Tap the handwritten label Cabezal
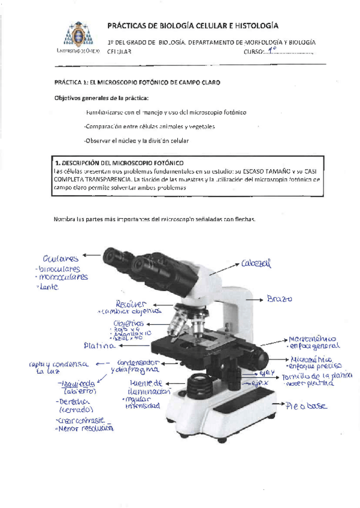[256, 263]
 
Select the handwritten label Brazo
[280, 298]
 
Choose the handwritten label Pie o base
[307, 406]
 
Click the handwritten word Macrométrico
[311, 338]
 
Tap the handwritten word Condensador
[138, 362]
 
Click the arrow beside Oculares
[92, 255]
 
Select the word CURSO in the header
[255, 52]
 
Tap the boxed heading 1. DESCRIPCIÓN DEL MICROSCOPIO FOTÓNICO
[119, 162]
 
